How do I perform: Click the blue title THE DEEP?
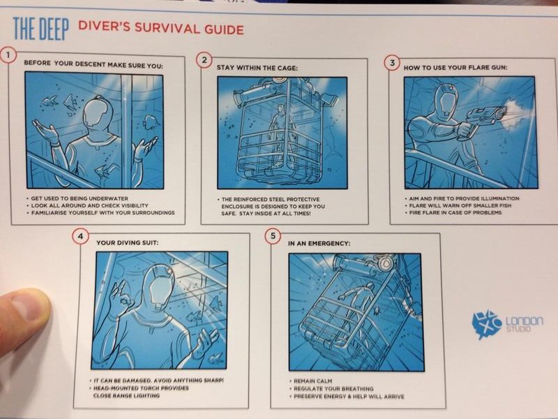click(40, 29)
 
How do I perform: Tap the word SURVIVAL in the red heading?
click(167, 28)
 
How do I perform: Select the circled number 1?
click(8, 56)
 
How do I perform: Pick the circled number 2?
click(204, 60)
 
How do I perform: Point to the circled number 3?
click(392, 63)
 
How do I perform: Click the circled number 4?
click(80, 236)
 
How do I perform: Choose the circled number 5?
click(273, 236)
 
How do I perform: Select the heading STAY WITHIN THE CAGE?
click(257, 68)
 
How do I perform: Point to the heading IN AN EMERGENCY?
click(319, 243)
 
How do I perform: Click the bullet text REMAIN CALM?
click(312, 381)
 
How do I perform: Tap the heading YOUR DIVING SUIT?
click(128, 242)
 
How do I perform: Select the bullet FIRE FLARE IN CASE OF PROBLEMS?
click(455, 212)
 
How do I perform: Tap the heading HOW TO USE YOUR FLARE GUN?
click(455, 67)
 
